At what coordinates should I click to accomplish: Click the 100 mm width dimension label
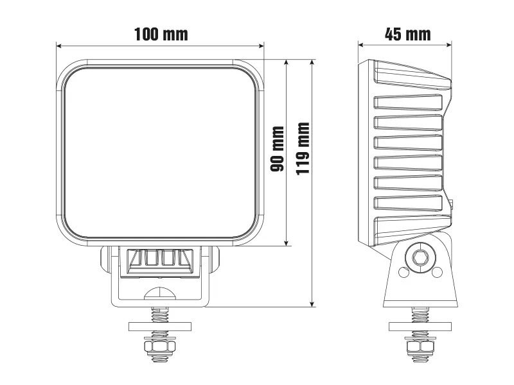(161, 34)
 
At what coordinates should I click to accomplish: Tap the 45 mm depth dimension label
(407, 34)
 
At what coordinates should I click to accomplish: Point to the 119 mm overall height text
(303, 148)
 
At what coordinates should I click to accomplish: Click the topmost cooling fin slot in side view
(409, 102)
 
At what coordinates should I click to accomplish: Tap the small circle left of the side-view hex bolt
(403, 272)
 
